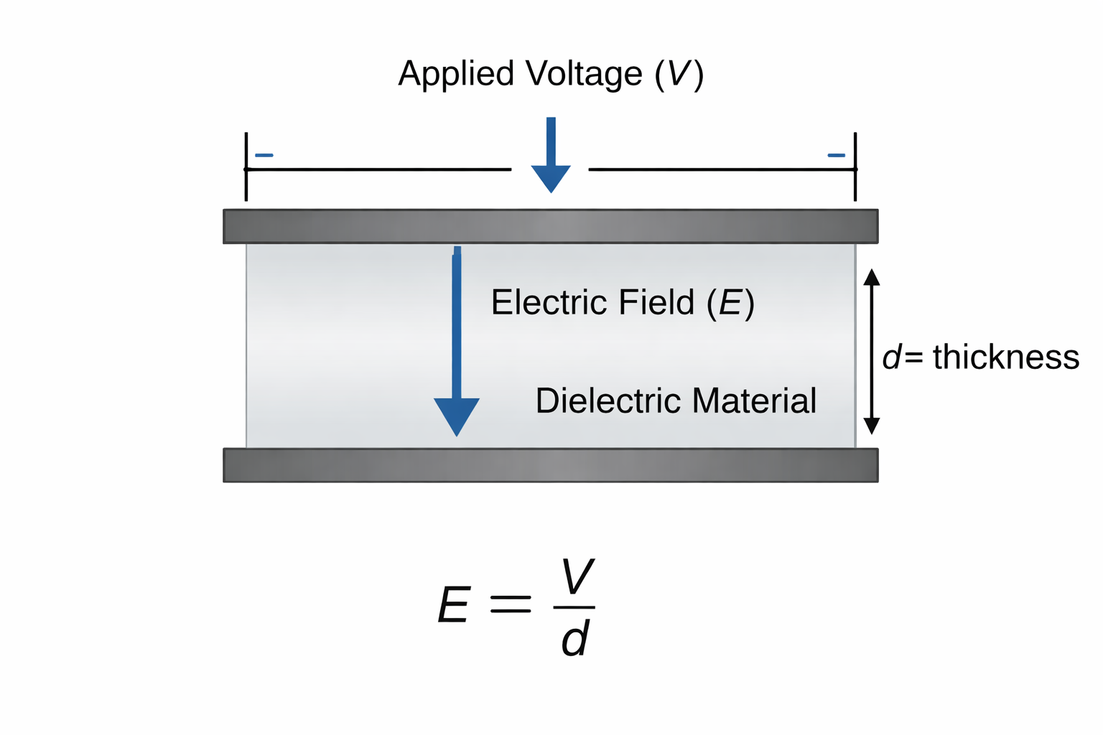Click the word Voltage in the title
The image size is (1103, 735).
click(x=583, y=74)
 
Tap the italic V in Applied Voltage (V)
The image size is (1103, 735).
click(x=679, y=74)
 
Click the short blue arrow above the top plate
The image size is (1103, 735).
click(x=551, y=158)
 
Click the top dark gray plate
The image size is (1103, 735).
click(x=550, y=226)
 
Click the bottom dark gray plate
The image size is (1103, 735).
click(x=550, y=465)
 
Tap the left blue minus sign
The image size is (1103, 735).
click(x=264, y=155)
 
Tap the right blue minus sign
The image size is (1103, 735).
click(x=836, y=155)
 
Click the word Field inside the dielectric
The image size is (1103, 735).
click(x=656, y=302)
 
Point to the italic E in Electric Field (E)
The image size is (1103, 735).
click(x=730, y=303)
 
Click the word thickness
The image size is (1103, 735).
click(x=1005, y=357)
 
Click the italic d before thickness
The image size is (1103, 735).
click(x=891, y=357)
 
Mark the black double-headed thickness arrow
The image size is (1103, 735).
click(x=871, y=352)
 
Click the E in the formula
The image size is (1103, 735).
click(x=454, y=605)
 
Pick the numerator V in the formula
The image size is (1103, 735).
click(x=577, y=577)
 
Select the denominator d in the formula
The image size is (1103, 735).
click(x=575, y=639)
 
